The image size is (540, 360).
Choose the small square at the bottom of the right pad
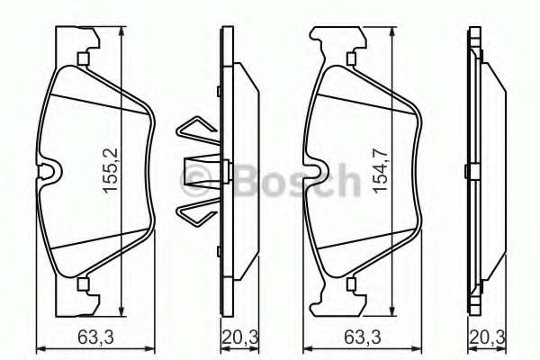348,285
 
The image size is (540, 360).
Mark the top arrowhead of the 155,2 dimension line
121,31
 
